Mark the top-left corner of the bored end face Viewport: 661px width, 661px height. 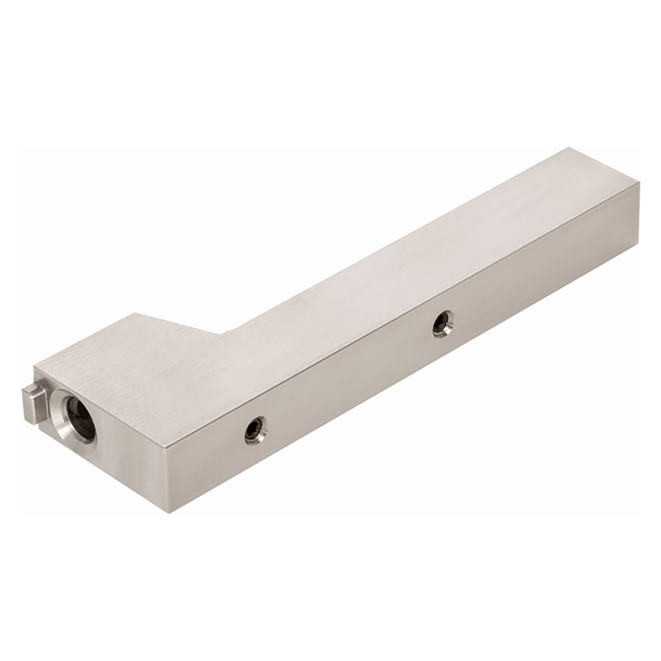pos(35,367)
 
